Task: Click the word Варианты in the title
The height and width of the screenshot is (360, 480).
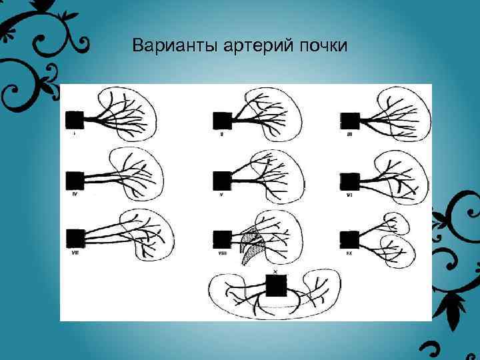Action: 165,46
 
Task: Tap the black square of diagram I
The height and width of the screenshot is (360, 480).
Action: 73,120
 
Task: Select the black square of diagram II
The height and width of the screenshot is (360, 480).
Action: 222,121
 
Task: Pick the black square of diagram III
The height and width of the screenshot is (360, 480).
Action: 350,121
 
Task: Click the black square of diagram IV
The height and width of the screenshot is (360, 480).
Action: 75,180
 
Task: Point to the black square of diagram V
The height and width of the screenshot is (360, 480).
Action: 222,181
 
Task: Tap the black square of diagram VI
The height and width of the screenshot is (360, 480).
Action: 350,181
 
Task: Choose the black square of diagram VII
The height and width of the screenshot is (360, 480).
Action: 75,237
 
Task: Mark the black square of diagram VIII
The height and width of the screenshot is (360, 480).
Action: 222,239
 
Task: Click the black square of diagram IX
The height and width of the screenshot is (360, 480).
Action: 349,239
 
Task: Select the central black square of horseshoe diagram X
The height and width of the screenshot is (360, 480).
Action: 275,287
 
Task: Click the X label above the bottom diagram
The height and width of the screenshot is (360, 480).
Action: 275,273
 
